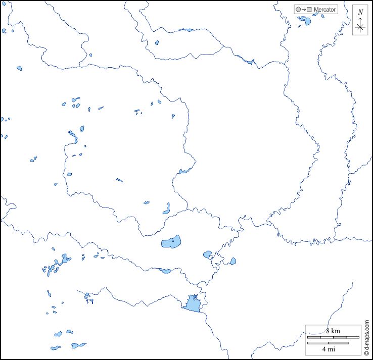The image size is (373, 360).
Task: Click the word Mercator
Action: point(324,9)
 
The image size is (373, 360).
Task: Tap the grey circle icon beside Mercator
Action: point(299,9)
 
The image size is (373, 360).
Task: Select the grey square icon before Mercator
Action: point(309,9)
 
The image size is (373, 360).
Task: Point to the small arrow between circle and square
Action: point(304,9)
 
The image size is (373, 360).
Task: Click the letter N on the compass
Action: point(360,12)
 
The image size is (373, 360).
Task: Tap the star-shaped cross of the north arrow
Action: point(360,28)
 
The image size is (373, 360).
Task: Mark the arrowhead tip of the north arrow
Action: point(360,19)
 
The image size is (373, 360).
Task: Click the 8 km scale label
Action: point(332,331)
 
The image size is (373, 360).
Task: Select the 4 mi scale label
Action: point(328,349)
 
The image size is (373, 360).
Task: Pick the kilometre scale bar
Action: point(333,337)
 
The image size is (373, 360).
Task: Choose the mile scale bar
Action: point(328,343)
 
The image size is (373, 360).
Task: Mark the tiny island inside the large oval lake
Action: point(172,241)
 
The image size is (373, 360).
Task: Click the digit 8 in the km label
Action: point(328,331)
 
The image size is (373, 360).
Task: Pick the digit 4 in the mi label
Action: point(324,349)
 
